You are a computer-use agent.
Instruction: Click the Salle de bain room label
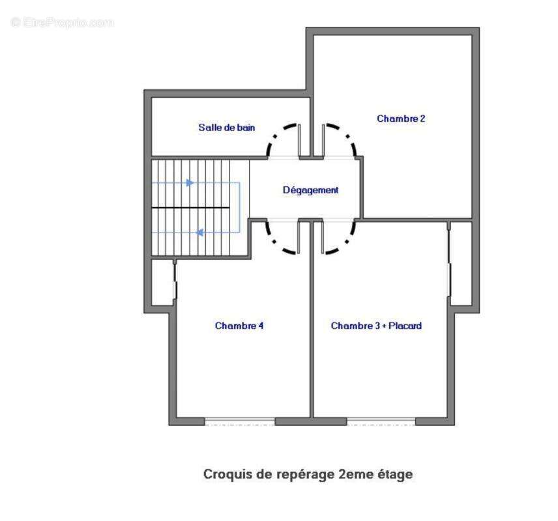click(227, 127)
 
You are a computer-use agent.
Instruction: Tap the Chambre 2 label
click(401, 119)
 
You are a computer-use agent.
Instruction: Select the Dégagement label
click(310, 190)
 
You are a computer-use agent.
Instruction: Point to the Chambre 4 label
click(239, 326)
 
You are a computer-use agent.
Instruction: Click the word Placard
click(405, 326)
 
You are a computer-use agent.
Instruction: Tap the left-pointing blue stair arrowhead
click(200, 232)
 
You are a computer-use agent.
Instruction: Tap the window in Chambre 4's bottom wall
click(240, 422)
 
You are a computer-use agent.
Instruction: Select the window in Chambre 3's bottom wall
click(381, 422)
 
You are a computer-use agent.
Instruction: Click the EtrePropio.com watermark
click(63, 22)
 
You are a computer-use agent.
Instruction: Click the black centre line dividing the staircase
click(191, 207)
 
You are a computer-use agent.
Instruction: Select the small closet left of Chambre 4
click(162, 283)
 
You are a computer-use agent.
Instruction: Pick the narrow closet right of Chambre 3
click(462, 264)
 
